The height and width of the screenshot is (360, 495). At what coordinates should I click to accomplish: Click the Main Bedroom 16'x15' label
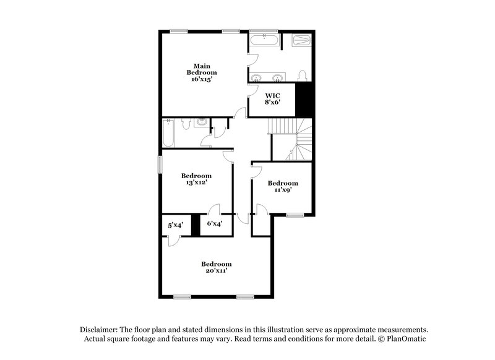click(204, 72)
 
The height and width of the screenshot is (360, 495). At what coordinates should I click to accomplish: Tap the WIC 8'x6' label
click(272, 99)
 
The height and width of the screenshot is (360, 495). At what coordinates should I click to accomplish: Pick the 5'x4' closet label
click(175, 225)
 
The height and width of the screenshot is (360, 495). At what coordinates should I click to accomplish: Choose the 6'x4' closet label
click(214, 224)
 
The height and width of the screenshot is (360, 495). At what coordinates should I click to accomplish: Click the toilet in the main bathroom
click(302, 75)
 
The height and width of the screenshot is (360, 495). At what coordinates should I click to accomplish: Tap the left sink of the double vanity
click(259, 77)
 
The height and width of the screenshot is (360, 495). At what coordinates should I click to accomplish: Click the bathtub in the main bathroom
click(265, 42)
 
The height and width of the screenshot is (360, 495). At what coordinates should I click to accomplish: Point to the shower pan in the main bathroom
click(300, 42)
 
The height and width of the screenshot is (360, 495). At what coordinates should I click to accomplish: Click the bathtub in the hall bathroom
click(169, 133)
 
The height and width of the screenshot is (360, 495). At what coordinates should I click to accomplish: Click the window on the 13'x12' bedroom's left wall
click(160, 165)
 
